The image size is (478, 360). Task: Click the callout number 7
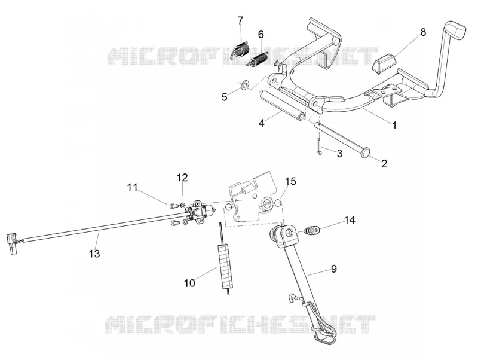point(241,20)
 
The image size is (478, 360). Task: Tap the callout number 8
point(423,32)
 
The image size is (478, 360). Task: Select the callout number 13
point(94,253)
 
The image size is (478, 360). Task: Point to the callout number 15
point(290,181)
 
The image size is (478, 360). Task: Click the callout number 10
point(189,283)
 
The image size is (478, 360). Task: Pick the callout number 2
point(384,163)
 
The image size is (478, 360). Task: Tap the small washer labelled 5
point(244,84)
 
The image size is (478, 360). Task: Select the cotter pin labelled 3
point(319,147)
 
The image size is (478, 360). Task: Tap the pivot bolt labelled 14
point(312,230)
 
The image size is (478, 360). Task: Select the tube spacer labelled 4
point(282,105)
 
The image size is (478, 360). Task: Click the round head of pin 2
point(365,152)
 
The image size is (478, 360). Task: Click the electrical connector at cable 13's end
point(13,243)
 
